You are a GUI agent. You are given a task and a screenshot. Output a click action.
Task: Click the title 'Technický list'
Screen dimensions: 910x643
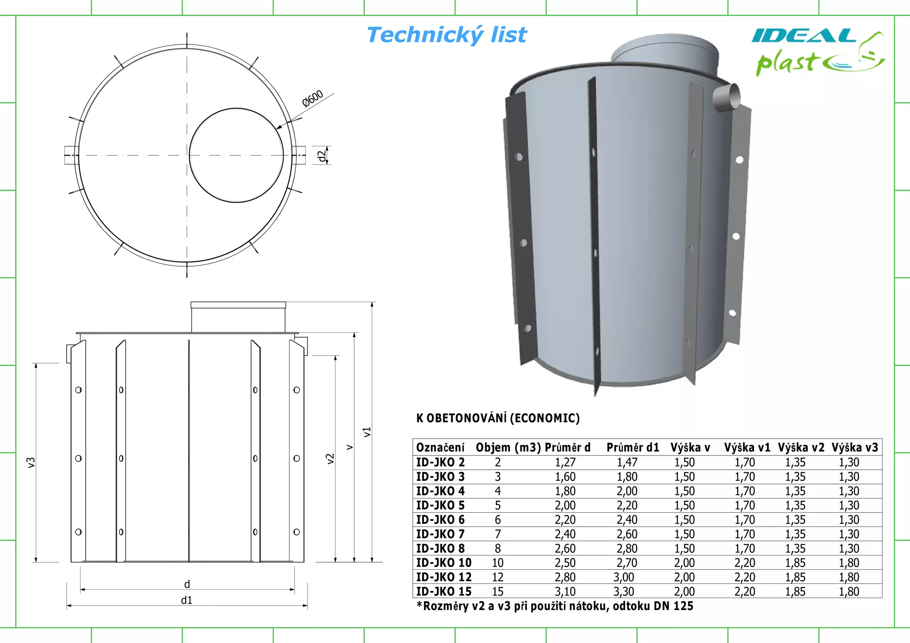[447, 35]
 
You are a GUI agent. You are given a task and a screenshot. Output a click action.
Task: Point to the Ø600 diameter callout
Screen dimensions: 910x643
[312, 99]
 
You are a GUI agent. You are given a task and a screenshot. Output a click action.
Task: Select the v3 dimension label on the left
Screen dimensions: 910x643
[31, 462]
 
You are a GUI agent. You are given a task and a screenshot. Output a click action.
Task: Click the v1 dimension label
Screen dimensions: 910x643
[367, 432]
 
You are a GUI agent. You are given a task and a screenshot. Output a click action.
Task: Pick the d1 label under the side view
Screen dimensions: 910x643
[187, 600]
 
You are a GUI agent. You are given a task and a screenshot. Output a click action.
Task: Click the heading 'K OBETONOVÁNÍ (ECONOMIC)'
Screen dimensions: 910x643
[498, 418]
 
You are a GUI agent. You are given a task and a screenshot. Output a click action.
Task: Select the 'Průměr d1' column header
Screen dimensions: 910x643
[633, 447]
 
